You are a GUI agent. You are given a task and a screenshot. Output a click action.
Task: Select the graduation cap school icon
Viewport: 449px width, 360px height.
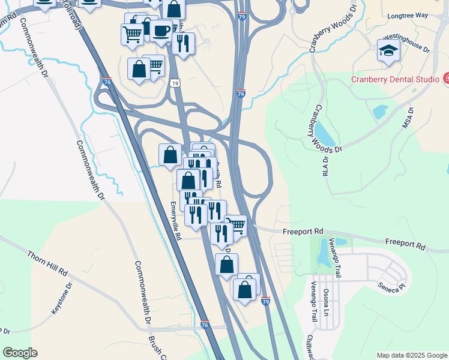(388, 50)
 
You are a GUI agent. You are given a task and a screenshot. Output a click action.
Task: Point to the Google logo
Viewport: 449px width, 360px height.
(20, 353)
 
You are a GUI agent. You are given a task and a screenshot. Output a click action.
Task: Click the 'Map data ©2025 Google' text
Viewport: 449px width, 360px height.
(412, 355)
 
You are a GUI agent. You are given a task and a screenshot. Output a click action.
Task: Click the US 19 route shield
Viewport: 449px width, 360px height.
(173, 82)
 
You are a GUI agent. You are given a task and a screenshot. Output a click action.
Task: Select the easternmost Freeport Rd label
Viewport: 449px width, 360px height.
(405, 244)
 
